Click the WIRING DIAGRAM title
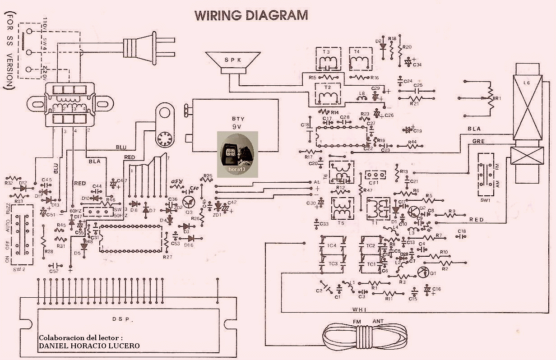pyautogui.click(x=251, y=15)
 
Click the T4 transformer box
pyautogui.click(x=359, y=59)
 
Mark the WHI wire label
pyautogui.click(x=360, y=309)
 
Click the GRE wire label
pyautogui.click(x=478, y=141)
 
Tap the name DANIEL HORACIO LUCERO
pyautogui.click(x=89, y=346)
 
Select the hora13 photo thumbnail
pyautogui.click(x=237, y=154)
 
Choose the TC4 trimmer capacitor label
pyautogui.click(x=333, y=245)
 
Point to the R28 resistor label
pyautogui.click(x=48, y=251)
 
